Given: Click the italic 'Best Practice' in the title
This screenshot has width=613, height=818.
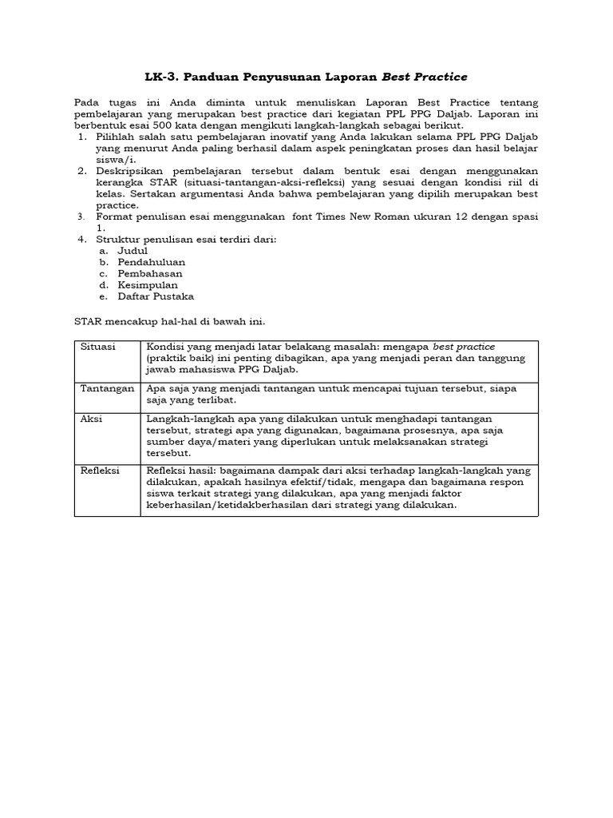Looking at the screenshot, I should coord(425,77).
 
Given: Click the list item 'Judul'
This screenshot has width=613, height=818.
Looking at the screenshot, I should coord(133,250).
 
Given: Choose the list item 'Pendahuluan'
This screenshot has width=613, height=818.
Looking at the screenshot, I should coord(152,261).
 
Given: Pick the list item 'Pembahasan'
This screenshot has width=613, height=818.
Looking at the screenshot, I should coord(150,273).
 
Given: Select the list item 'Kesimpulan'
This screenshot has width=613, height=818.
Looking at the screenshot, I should coord(148,284).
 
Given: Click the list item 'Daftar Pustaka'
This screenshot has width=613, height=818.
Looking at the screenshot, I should coord(156,296).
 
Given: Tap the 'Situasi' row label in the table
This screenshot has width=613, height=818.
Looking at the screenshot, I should coord(97,347).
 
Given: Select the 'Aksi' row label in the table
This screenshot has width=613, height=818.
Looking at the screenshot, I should coord(91,419).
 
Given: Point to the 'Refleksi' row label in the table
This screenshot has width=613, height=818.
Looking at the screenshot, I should coord(100,471).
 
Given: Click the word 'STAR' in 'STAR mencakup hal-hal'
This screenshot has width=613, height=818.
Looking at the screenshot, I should coord(89,321).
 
